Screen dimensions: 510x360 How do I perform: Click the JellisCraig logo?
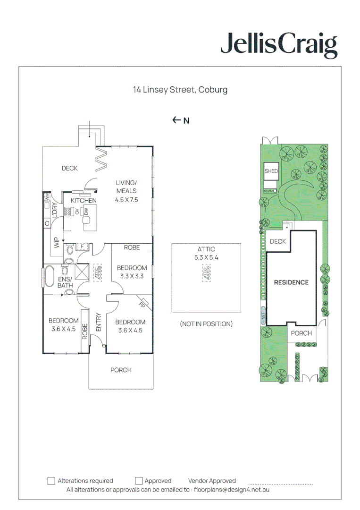(279, 46)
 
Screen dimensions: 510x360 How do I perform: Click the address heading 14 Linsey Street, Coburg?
(180, 90)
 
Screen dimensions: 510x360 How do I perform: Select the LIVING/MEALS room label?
(126, 187)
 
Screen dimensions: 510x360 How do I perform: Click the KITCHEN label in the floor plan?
(84, 201)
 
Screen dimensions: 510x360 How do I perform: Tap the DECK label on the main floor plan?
(69, 168)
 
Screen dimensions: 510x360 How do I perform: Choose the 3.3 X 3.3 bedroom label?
(132, 277)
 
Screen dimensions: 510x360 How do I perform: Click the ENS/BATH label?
(65, 282)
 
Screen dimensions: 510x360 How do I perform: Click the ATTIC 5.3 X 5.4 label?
(206, 254)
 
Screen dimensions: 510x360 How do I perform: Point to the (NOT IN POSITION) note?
(206, 324)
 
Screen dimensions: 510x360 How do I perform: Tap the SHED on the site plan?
(271, 171)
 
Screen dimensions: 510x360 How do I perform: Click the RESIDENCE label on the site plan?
(291, 282)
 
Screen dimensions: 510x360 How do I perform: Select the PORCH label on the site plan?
(301, 333)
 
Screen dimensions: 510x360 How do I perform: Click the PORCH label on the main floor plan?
(121, 370)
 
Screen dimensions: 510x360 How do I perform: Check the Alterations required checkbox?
(51, 481)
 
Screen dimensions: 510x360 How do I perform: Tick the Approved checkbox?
(139, 481)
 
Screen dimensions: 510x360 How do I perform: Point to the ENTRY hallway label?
(99, 323)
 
